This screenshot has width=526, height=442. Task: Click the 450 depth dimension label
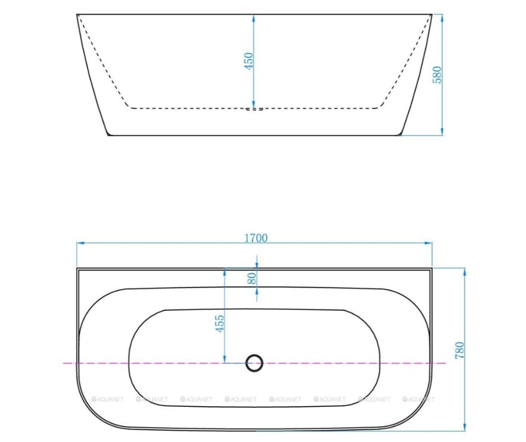click(248, 61)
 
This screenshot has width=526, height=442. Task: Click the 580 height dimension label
click(437, 74)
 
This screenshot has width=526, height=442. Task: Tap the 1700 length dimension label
click(256, 238)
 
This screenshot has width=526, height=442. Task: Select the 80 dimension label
click(251, 278)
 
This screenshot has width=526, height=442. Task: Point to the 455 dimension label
click(219, 323)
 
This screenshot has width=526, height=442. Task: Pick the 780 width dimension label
click(460, 350)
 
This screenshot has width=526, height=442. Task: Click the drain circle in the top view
click(254, 363)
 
